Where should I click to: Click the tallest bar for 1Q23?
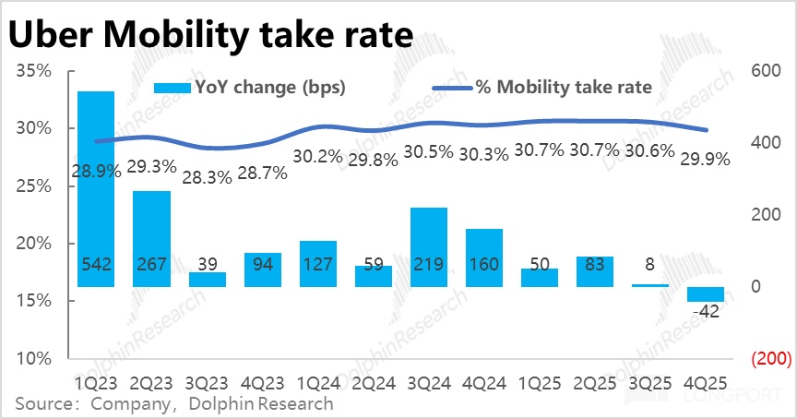click(x=96, y=188)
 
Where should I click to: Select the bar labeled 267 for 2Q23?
click(x=151, y=238)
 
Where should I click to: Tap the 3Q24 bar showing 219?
click(x=429, y=246)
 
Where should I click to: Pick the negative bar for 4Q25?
click(x=706, y=294)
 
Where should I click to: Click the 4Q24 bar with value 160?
click(x=484, y=257)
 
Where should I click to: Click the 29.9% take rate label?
click(x=705, y=159)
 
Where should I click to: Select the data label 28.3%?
click(x=207, y=177)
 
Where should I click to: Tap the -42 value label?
click(x=706, y=311)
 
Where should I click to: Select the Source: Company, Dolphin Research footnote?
click(x=174, y=403)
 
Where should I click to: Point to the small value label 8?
click(x=650, y=264)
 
